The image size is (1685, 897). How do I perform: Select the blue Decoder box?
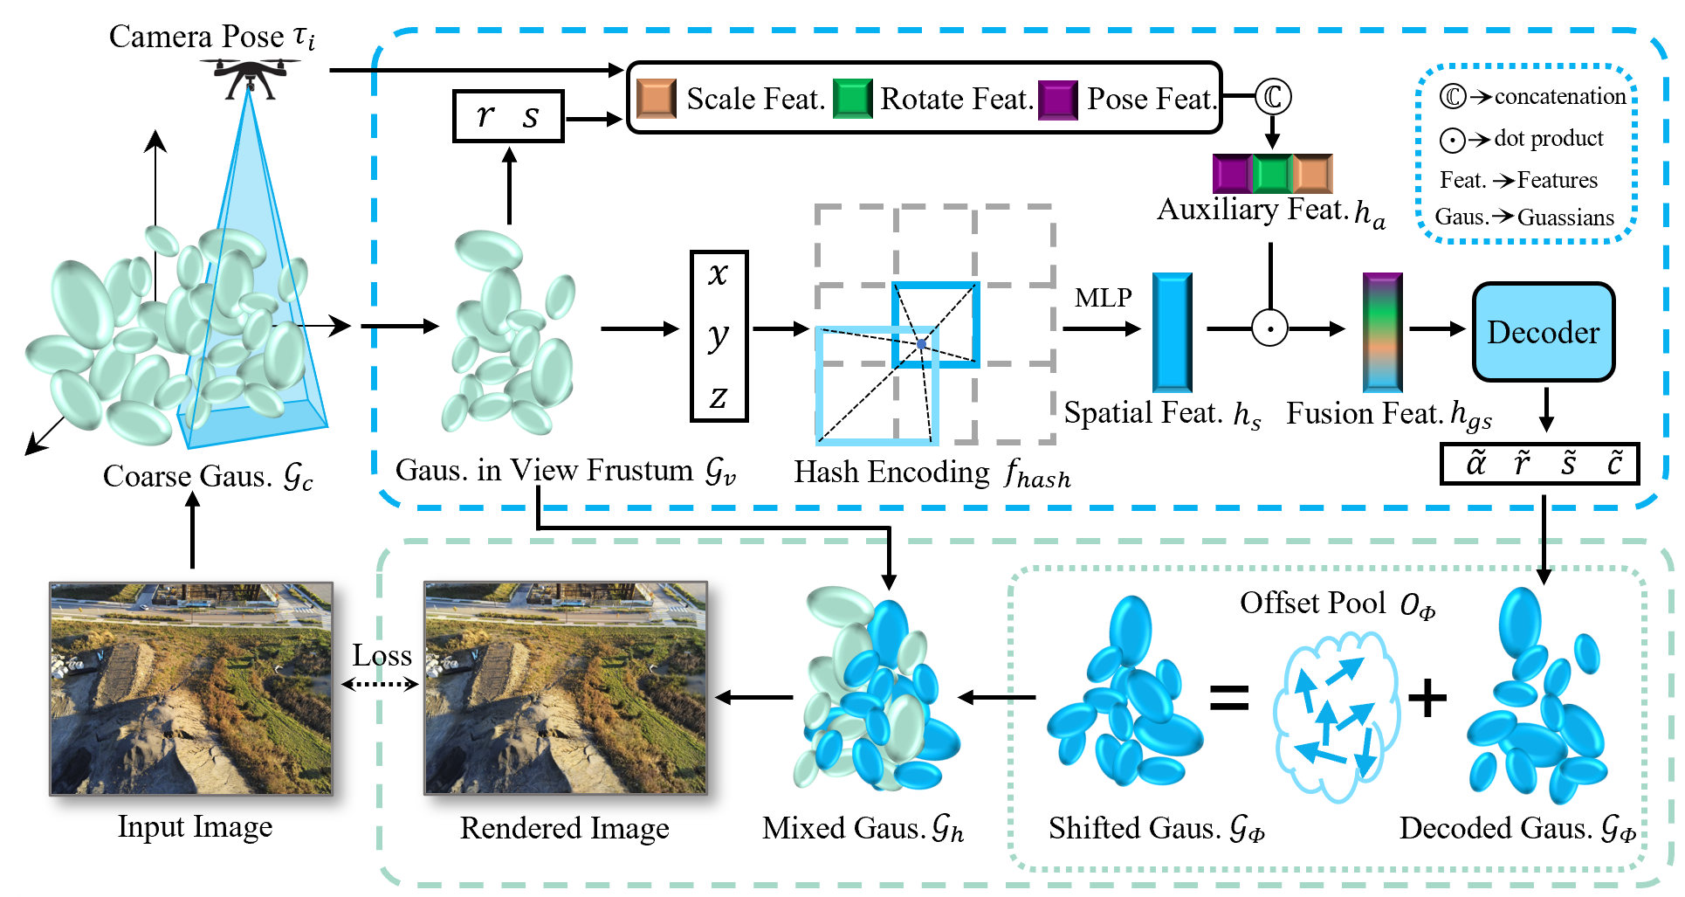pos(1543,332)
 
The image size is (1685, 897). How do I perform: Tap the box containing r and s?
pos(508,116)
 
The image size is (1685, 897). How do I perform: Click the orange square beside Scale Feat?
pos(657,98)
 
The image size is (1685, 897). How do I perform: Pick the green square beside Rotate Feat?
pos(852,98)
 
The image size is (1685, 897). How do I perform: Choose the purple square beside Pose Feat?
pos(1057,99)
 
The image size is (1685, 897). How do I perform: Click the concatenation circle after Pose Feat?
pos(1272,96)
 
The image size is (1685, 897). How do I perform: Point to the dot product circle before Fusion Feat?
pos(1269,329)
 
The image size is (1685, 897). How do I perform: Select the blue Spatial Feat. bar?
pos(1172,332)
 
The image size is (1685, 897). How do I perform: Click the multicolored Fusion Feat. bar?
pos(1382,332)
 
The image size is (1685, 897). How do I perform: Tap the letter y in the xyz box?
pos(718,336)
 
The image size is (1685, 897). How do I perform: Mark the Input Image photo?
pos(191,689)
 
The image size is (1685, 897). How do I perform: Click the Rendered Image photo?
pos(565,689)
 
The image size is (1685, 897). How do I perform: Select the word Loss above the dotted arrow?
pos(382,655)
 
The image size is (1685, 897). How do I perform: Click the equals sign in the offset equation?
pos(1228,697)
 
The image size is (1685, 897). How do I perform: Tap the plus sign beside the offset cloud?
pos(1427,698)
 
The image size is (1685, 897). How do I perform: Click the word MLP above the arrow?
pos(1103,298)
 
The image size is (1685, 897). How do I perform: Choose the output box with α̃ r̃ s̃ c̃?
pos(1538,464)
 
